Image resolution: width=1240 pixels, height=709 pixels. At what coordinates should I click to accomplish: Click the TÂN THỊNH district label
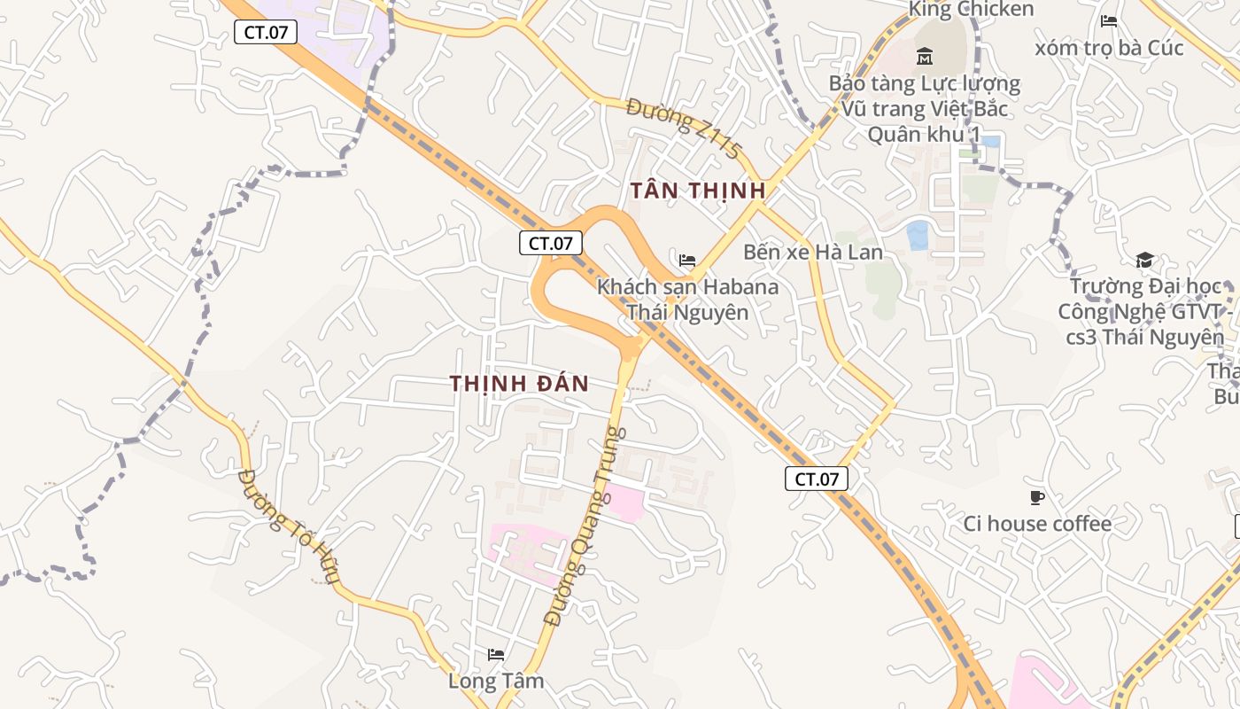[697, 190]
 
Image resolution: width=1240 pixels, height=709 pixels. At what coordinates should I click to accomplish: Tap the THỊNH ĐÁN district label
[519, 383]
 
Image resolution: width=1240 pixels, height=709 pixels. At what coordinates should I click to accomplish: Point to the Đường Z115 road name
[682, 129]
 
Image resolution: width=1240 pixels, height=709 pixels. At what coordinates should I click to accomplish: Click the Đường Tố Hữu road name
[289, 526]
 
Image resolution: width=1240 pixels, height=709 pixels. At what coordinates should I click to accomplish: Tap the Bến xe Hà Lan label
[812, 252]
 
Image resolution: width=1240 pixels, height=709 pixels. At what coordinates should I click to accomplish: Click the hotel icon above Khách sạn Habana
[686, 261]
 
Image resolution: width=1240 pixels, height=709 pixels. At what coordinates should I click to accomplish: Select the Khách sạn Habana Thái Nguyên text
[687, 300]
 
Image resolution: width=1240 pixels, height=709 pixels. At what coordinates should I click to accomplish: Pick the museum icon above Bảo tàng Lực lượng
[925, 57]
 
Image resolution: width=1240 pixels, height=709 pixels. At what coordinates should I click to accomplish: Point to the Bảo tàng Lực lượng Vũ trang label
[925, 109]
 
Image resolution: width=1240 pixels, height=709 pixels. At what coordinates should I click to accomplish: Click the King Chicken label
[971, 10]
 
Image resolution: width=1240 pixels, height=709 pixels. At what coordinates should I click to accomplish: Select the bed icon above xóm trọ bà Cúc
[1108, 21]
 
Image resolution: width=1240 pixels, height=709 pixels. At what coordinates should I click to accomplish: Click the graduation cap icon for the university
[1144, 260]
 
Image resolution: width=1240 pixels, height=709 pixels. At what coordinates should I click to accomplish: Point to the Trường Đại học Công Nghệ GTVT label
[1144, 312]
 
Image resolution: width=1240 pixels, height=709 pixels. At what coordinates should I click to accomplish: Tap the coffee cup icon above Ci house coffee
[1037, 497]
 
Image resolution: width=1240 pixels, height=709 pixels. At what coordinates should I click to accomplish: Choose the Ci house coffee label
[1037, 524]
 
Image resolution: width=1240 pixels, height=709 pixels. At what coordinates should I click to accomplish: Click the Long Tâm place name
[496, 681]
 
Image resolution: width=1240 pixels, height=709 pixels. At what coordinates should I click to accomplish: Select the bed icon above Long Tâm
[496, 655]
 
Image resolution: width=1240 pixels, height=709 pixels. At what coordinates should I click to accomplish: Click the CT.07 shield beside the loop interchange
[551, 243]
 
